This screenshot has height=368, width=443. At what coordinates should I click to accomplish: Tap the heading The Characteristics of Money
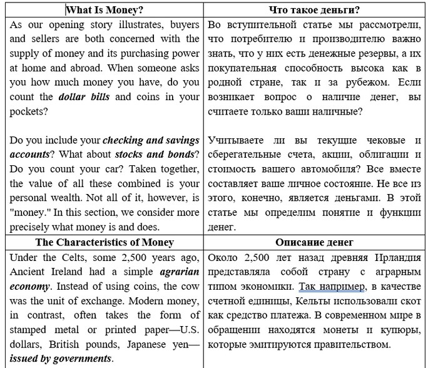tap(104, 242)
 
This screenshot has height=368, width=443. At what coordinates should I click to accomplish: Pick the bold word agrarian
tap(178, 272)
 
